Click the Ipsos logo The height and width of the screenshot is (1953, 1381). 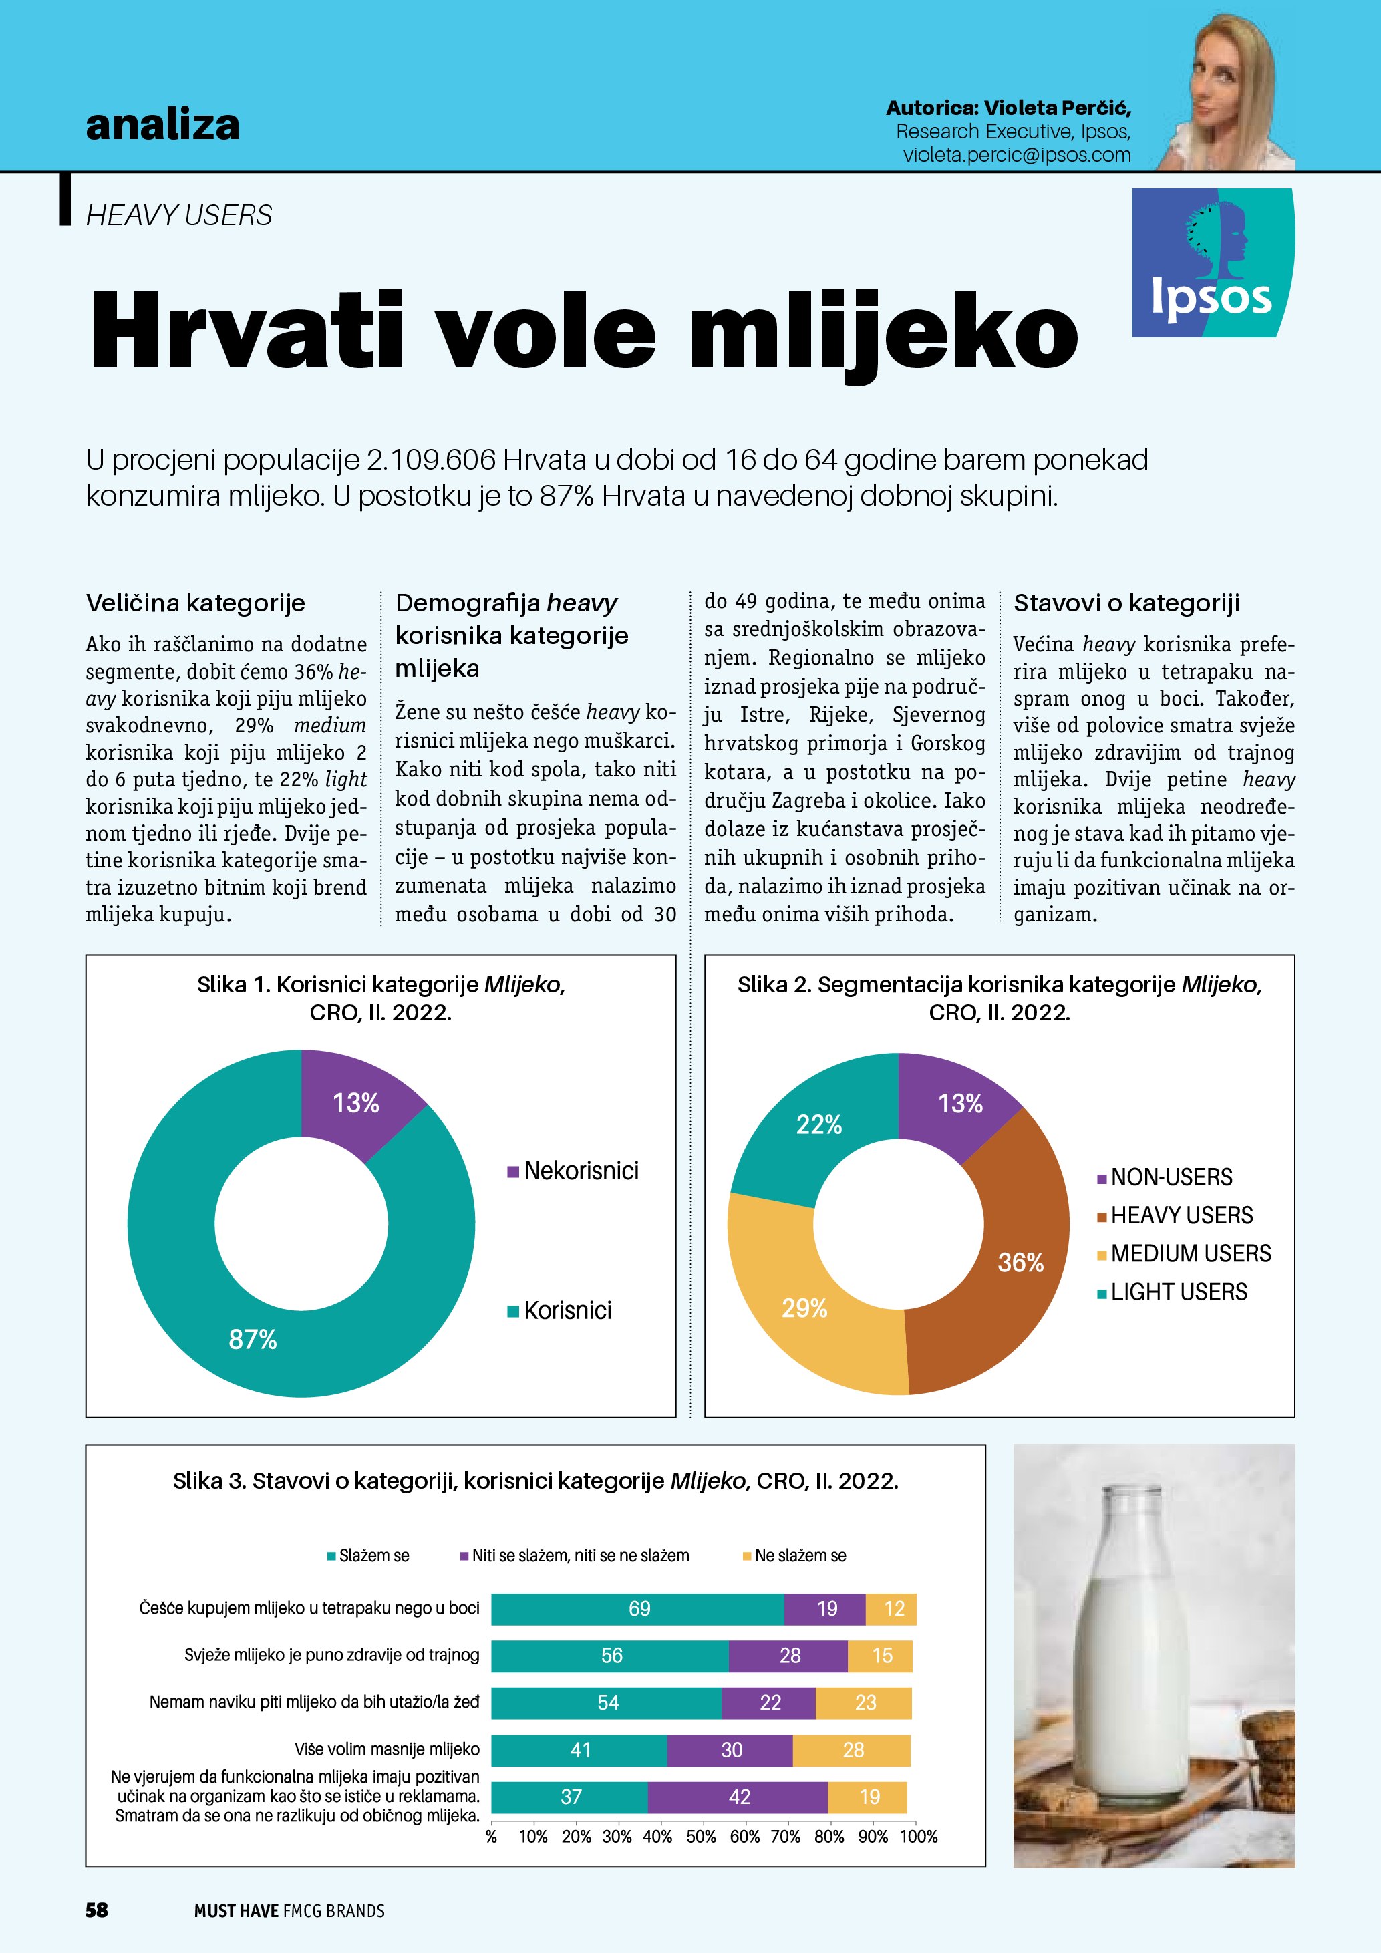click(1212, 263)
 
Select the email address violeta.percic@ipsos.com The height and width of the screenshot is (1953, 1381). click(1016, 155)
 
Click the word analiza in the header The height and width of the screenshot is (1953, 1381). click(162, 125)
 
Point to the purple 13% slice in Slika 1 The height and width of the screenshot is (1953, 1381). click(355, 1102)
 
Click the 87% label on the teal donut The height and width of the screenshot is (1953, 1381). click(253, 1340)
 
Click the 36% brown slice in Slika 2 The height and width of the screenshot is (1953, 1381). click(1020, 1262)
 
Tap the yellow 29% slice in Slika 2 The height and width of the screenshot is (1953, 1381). click(804, 1308)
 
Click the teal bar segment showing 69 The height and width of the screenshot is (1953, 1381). click(639, 1608)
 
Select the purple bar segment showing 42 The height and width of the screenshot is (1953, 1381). click(738, 1797)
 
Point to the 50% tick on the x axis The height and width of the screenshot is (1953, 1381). click(701, 1837)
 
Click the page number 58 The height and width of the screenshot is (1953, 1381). click(97, 1910)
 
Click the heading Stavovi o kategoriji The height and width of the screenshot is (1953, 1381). click(1126, 603)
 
